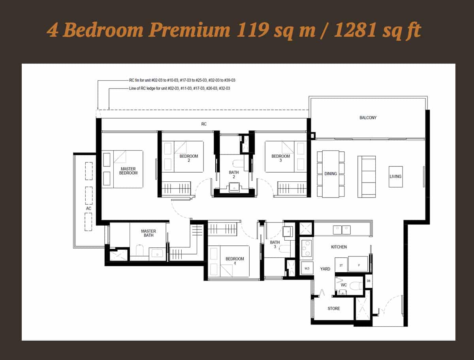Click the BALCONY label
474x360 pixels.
368,118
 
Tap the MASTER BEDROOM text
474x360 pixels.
128,171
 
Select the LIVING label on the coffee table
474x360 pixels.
395,176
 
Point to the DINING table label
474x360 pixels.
331,173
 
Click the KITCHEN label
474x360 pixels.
339,247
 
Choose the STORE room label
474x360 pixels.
334,308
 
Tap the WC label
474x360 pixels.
344,285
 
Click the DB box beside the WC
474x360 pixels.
369,281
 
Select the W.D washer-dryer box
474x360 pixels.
307,268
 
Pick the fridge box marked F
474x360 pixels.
358,264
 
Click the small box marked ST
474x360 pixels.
341,265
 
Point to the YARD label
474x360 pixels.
325,269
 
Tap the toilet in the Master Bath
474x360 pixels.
139,250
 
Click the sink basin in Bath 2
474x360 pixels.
234,187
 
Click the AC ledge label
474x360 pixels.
88,208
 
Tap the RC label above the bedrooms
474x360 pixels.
204,124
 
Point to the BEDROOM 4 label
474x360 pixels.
235,261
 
